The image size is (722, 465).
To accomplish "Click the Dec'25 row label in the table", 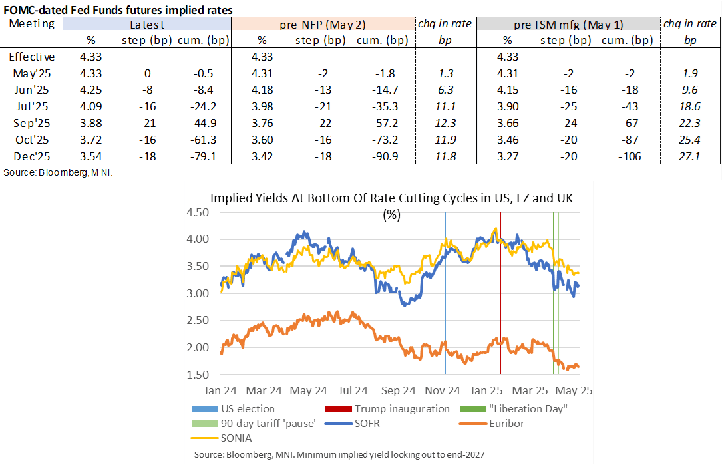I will [x=33, y=157].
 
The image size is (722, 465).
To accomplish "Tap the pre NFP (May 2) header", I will [x=322, y=24].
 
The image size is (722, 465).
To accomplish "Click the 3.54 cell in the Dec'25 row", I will [x=89, y=157].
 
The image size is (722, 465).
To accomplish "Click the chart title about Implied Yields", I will [x=392, y=198].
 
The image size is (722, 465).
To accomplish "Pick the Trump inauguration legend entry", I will [x=401, y=408].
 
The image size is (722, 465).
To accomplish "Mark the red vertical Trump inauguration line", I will [x=500, y=299].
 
